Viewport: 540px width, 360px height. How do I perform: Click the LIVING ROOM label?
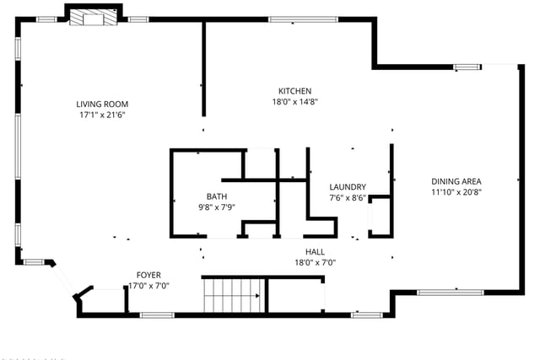coord(102,104)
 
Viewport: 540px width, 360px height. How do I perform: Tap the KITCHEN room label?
coord(294,91)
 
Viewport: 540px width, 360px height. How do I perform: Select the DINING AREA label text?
coord(456,181)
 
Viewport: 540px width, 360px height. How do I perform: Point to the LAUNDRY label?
coord(348,187)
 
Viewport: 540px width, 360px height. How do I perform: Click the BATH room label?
coord(217,196)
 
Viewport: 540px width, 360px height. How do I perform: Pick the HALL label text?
coord(315,252)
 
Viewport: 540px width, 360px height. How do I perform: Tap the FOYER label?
coord(148,275)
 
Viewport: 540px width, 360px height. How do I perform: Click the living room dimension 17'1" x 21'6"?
coord(102,115)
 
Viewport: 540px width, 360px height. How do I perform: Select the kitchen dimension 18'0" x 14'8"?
coord(294,101)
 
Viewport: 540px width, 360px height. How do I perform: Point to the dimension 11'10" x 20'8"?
coord(456,192)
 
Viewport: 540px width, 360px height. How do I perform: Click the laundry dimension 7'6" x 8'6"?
coord(348,198)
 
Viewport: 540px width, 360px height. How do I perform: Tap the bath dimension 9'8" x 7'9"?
coord(217,207)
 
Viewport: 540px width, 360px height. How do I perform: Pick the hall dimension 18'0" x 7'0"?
coord(315,262)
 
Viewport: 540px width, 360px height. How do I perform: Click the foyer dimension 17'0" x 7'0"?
coord(148,286)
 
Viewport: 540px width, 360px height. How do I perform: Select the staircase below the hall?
coord(234,295)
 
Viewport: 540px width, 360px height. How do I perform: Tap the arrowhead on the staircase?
coord(257,295)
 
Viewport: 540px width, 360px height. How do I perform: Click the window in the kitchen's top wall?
coord(303,19)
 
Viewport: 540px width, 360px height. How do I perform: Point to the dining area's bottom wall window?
coord(451,293)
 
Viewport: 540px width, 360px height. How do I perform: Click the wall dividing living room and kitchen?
coord(204,69)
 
